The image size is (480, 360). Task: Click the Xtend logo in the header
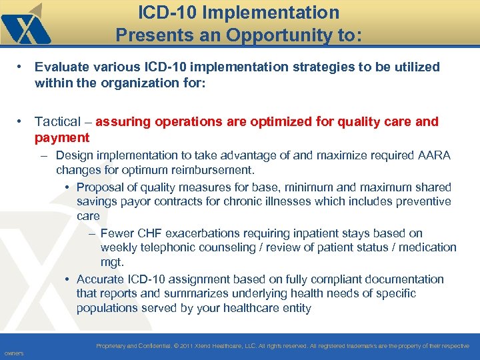point(25,25)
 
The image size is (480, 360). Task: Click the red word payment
point(62,137)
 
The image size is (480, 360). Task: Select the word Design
point(75,155)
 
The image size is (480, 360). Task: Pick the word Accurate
point(101,279)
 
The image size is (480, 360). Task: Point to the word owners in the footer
point(13,353)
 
